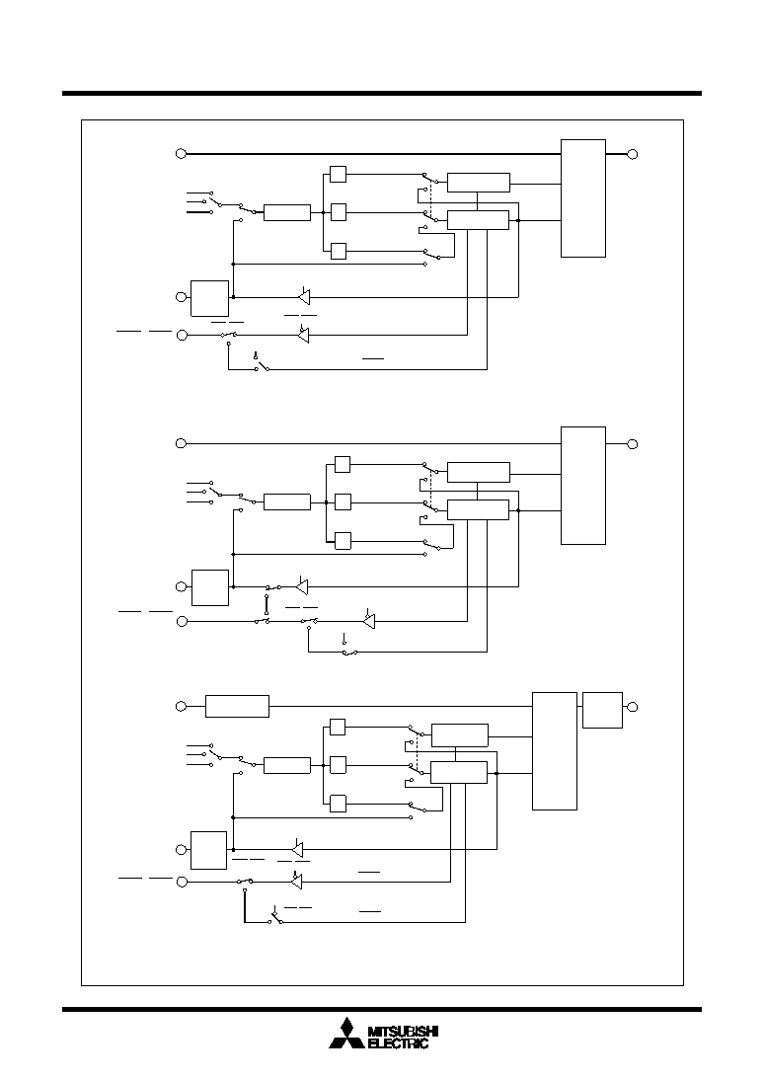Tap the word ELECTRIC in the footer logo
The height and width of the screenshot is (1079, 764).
pyautogui.click(x=399, y=1043)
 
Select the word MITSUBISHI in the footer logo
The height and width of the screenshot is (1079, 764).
pyautogui.click(x=403, y=1031)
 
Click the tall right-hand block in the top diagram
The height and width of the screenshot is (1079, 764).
pyautogui.click(x=583, y=198)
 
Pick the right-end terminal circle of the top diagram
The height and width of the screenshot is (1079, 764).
pyautogui.click(x=633, y=154)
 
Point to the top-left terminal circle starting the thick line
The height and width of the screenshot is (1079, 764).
pyautogui.click(x=181, y=153)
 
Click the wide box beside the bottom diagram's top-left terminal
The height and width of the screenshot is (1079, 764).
pyautogui.click(x=238, y=706)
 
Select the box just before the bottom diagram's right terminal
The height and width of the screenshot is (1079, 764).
pyautogui.click(x=602, y=710)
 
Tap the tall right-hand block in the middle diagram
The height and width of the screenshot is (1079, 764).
pyautogui.click(x=583, y=485)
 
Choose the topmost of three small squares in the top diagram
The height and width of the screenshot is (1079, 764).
pyautogui.click(x=338, y=174)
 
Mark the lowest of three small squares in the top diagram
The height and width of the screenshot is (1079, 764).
pyautogui.click(x=338, y=251)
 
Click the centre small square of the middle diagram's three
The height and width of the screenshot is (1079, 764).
pyautogui.click(x=343, y=502)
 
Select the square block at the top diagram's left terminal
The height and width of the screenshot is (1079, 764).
pyautogui.click(x=210, y=298)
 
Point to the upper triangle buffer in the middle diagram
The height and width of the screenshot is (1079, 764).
pyautogui.click(x=301, y=586)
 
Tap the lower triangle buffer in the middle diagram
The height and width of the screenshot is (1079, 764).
pyautogui.click(x=369, y=621)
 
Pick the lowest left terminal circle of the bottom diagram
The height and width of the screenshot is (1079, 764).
pyautogui.click(x=182, y=883)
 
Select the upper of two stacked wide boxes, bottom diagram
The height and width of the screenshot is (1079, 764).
pyautogui.click(x=460, y=734)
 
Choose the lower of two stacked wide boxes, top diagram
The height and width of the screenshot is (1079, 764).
pyautogui.click(x=479, y=220)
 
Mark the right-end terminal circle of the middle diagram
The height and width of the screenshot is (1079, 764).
pyautogui.click(x=633, y=444)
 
